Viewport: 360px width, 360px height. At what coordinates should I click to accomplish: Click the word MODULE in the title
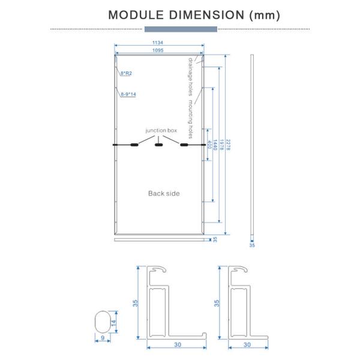point(136,15)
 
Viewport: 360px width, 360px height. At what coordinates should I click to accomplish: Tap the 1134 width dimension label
point(158,43)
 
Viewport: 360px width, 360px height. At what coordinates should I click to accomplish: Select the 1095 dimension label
point(158,50)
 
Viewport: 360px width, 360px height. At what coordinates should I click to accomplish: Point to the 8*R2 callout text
point(126,73)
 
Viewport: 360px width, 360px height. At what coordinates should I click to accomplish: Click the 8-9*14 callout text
point(128,94)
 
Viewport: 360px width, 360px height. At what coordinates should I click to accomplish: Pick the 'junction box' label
point(161,130)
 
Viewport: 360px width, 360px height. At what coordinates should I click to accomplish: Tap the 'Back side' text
point(164,193)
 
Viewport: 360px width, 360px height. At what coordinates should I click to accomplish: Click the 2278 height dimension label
point(228,145)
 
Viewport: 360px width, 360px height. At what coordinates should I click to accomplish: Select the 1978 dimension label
point(221,145)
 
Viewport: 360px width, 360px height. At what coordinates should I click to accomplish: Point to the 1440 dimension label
point(215,145)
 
